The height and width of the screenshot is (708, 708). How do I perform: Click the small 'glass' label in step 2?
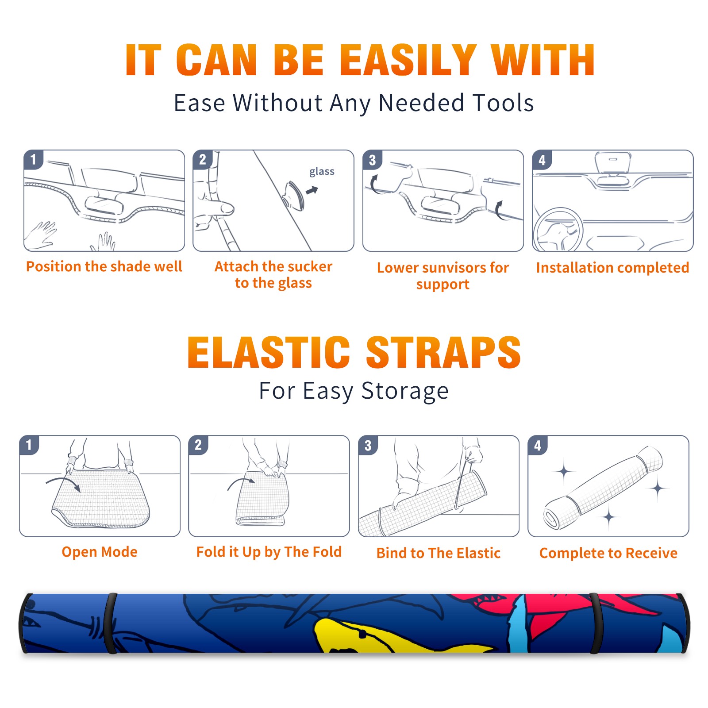tap(322, 172)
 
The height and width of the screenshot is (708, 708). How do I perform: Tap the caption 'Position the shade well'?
tap(104, 266)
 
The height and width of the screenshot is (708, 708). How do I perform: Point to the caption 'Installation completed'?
tap(612, 268)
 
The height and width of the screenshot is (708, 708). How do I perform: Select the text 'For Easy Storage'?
tap(354, 391)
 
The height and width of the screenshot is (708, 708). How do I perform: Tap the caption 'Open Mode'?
tap(100, 552)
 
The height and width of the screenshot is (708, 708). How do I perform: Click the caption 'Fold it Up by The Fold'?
tap(269, 552)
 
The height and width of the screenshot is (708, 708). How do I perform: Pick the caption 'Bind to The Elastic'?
tap(439, 553)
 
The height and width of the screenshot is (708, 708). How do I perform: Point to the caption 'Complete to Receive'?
tap(608, 553)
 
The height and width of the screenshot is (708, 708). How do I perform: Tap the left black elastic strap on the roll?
tap(110, 623)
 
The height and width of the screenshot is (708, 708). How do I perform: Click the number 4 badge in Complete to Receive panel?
tap(538, 445)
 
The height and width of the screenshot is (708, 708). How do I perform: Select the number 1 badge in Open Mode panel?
tap(29, 445)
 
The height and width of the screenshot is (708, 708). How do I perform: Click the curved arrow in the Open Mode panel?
tap(63, 482)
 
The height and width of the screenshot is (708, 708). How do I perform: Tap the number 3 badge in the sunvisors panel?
tap(372, 160)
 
